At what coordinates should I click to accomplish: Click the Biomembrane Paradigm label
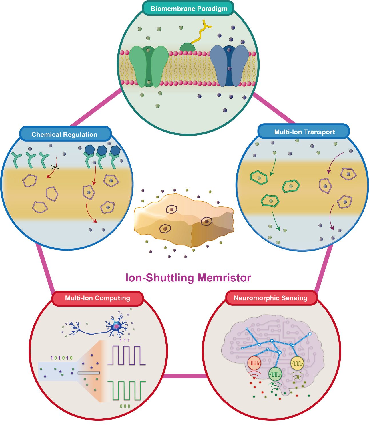(x=189, y=9)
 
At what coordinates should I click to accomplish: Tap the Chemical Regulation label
(x=64, y=134)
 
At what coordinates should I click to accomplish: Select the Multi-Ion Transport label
(x=304, y=132)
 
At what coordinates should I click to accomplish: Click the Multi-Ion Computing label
(x=97, y=298)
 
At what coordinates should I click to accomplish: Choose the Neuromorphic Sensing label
(x=270, y=298)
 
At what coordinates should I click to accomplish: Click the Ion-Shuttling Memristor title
(x=188, y=278)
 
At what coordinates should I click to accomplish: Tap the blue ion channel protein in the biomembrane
(x=229, y=66)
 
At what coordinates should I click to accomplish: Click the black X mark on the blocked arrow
(x=55, y=167)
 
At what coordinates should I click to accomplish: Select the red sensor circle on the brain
(x=254, y=363)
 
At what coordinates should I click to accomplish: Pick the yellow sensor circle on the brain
(x=297, y=363)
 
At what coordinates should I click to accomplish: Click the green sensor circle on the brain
(x=275, y=374)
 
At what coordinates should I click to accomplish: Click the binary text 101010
(x=61, y=358)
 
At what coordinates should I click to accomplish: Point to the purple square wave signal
(x=127, y=356)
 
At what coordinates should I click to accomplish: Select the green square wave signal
(x=127, y=390)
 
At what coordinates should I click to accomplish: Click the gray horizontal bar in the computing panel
(x=89, y=373)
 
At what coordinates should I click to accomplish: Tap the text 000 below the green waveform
(x=125, y=406)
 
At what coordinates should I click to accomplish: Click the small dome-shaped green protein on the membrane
(x=187, y=47)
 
